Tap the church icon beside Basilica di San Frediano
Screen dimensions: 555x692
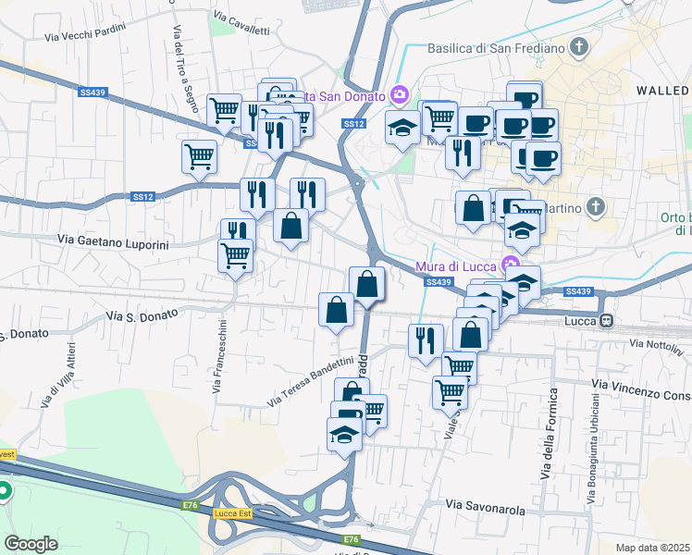(579, 46)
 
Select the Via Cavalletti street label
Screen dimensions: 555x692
(241, 23)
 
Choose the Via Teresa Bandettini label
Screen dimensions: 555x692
(311, 382)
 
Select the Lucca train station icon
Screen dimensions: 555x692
(607, 321)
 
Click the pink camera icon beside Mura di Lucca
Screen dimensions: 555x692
(508, 249)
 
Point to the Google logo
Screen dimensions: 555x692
(31, 544)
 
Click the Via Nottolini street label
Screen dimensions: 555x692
(654, 344)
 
